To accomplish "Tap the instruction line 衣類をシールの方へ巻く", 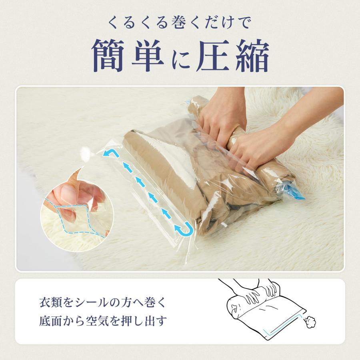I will [x=102, y=303].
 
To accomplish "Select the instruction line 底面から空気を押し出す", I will [x=102, y=321].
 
